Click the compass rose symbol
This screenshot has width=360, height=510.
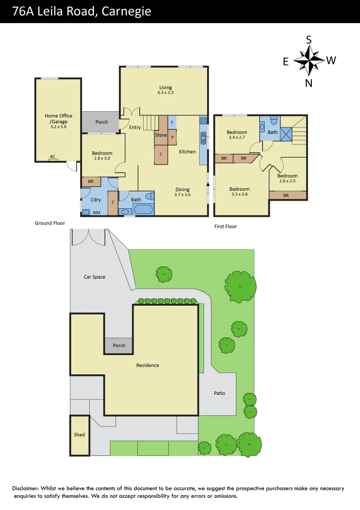pos(309,61)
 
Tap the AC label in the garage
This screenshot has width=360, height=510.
pos(53,157)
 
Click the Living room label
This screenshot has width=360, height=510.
pos(166,87)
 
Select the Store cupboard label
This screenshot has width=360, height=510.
pos(161,135)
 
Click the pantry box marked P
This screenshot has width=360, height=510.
pos(172,137)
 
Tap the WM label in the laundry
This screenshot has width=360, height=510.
pos(96,212)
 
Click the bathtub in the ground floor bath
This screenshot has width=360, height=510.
pos(141,210)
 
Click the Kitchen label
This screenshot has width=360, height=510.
pos(187,152)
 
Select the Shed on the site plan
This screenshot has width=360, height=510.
pos(79,435)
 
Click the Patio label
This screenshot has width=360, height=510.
pos(219,393)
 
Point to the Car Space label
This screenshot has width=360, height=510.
pos(94,277)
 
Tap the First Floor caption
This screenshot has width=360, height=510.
pos(226,227)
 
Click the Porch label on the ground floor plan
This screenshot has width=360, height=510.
pos(101,122)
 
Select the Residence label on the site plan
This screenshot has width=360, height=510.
pos(148,365)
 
